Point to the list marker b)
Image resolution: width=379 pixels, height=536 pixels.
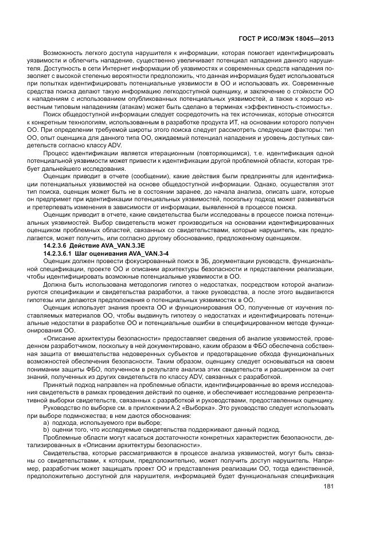[x=47, y=430]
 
